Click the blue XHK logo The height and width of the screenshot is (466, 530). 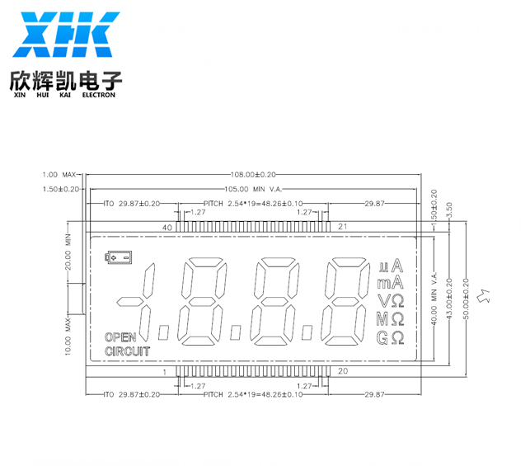click(66, 35)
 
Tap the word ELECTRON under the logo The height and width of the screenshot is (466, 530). click(99, 95)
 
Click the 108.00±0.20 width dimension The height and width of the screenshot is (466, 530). click(253, 175)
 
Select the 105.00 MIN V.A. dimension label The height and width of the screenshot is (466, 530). click(253, 189)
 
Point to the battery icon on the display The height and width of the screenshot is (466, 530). click(118, 257)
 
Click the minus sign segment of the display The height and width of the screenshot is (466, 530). click(129, 301)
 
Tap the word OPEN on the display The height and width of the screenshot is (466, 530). click(120, 337)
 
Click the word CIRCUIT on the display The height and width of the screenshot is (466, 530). click(128, 351)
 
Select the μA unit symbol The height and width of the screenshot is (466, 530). click(391, 266)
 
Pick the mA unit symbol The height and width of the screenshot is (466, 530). click(391, 282)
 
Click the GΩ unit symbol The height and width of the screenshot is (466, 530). click(391, 337)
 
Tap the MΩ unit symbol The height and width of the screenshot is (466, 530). click(391, 319)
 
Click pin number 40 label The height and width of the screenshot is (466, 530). click(167, 228)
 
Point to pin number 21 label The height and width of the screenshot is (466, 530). click(343, 227)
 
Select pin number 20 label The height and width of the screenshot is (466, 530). click(343, 371)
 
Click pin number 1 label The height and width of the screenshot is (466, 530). click(165, 372)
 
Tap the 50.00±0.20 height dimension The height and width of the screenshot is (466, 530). click(466, 299)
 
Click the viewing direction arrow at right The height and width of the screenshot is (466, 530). click(484, 295)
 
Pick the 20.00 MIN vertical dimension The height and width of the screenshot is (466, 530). click(68, 252)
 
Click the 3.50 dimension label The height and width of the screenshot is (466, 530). click(449, 210)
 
